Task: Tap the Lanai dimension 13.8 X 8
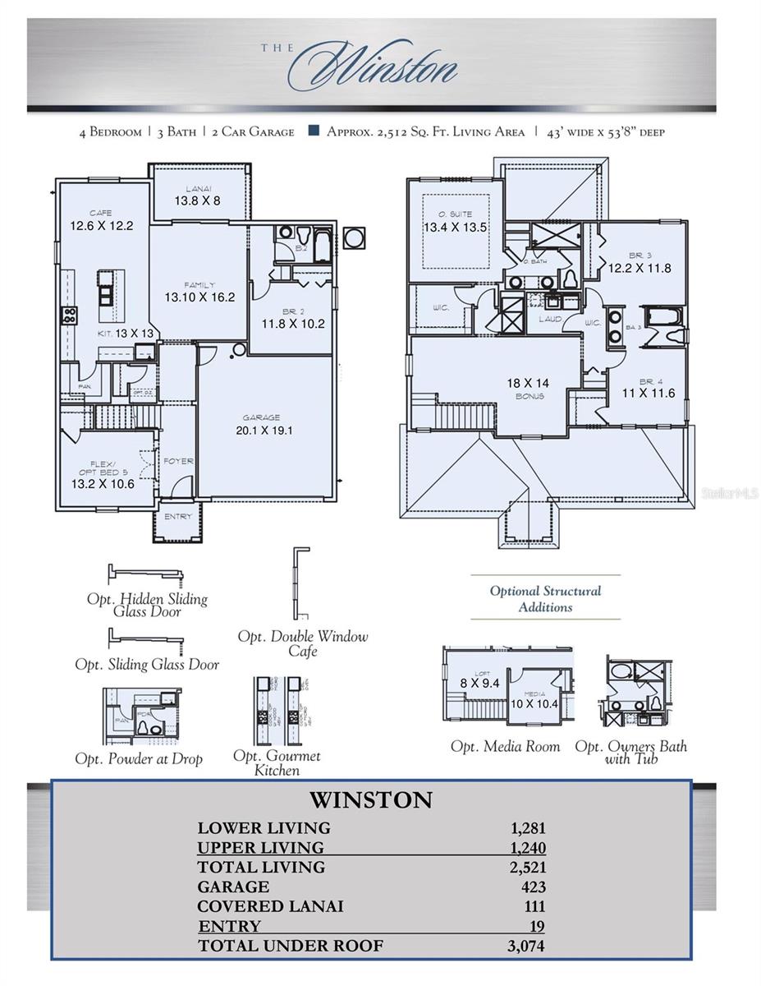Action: pos(197,200)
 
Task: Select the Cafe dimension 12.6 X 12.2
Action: pos(102,225)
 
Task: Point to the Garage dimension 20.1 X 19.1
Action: pos(264,429)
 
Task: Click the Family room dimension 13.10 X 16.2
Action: pos(199,297)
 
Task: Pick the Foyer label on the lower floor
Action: pos(178,461)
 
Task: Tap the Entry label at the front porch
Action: pos(177,517)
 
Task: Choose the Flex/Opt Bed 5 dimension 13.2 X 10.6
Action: pos(103,483)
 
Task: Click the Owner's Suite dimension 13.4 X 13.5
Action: pos(456,227)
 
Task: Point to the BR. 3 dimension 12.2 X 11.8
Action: pos(639,267)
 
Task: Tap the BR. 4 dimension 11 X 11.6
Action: pos(647,394)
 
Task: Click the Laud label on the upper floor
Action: pos(549,319)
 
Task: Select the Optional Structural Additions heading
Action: pos(545,599)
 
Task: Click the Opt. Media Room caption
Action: pos(505,747)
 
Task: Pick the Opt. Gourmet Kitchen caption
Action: pos(277,763)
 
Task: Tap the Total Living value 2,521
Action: pos(526,867)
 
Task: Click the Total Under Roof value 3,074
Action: pos(525,946)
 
